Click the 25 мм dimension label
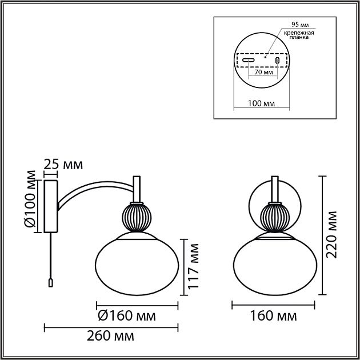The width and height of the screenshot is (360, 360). (63, 165)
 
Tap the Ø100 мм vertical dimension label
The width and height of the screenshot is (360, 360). (30, 199)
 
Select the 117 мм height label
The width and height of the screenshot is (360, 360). (193, 266)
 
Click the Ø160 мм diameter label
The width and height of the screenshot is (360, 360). (127, 315)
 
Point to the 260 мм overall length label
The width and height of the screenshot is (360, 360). (110, 336)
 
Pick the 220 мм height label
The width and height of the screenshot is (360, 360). (331, 235)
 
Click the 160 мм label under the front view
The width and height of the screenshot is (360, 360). (273, 315)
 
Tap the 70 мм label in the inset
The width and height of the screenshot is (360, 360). (264, 72)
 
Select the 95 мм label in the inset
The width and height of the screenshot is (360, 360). (300, 25)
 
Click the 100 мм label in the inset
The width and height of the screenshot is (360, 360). (261, 103)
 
